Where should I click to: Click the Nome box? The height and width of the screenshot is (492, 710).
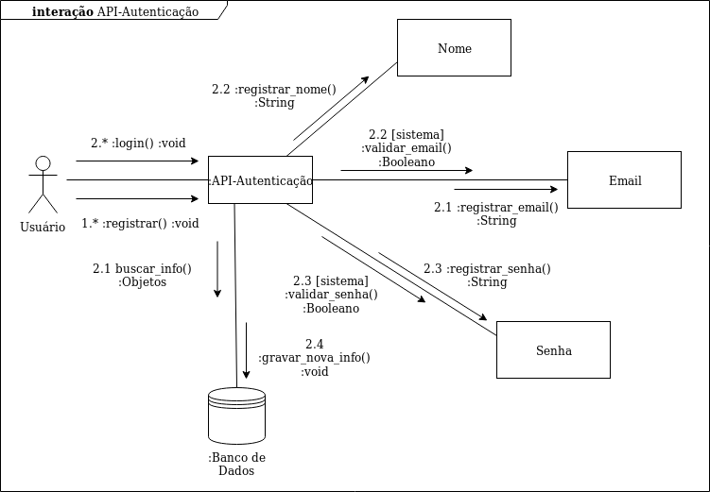(x=454, y=48)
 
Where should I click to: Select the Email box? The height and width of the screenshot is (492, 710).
(x=624, y=180)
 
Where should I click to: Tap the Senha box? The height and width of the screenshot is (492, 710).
(x=552, y=350)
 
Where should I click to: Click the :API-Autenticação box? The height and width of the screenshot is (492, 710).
(x=260, y=180)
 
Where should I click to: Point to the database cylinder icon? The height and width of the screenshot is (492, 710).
(x=236, y=414)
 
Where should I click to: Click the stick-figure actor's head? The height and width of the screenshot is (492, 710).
(x=42, y=162)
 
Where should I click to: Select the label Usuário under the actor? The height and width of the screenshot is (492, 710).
(x=43, y=227)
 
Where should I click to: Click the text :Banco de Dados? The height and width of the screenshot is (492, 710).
(x=236, y=464)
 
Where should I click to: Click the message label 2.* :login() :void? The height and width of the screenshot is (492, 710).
(x=138, y=144)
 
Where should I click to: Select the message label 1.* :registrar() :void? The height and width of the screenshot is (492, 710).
(x=140, y=224)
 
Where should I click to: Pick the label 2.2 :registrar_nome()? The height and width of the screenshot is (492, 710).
(x=273, y=90)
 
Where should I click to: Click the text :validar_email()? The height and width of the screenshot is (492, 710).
(x=407, y=148)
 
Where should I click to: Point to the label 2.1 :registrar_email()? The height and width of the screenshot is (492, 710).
(x=495, y=207)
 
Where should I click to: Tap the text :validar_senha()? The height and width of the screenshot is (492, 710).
(x=331, y=295)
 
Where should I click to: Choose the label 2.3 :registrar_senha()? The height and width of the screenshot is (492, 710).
(x=486, y=268)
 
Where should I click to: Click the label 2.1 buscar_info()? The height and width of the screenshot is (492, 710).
(x=142, y=268)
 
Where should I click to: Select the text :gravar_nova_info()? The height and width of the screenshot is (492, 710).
(x=314, y=358)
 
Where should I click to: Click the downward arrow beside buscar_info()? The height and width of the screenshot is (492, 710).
(x=217, y=269)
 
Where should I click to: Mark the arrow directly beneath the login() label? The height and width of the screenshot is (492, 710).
(x=137, y=161)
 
